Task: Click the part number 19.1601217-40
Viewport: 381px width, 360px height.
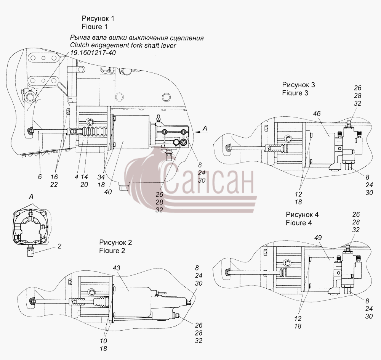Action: tap(93, 53)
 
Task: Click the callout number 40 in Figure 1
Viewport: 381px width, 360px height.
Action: tap(108, 192)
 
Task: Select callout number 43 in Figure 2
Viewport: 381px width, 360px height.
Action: tap(116, 268)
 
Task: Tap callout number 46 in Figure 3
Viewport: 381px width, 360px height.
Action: tap(317, 114)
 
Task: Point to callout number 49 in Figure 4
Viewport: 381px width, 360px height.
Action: tap(318, 238)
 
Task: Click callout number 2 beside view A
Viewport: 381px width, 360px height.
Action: tap(59, 246)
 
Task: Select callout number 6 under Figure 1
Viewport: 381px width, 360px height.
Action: tap(40, 177)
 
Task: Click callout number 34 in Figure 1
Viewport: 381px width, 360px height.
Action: tap(101, 177)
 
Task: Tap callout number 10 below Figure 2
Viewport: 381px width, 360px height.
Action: tap(103, 341)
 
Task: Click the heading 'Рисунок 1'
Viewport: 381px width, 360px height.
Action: tap(98, 18)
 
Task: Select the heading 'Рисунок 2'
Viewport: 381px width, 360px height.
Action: tap(116, 243)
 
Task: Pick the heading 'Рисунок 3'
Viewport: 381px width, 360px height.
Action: tap(299, 85)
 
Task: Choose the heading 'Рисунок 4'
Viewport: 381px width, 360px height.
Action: tap(302, 215)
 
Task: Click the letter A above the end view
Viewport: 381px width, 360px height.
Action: tap(31, 196)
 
